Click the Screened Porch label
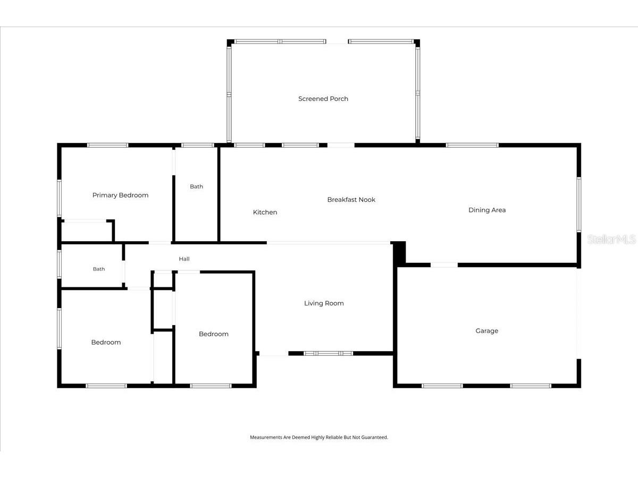[323, 99]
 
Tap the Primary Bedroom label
[120, 195]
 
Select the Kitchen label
[265, 212]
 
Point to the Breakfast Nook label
[351, 200]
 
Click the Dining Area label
[487, 210]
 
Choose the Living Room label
[324, 303]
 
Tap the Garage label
[487, 331]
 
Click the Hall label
[184, 259]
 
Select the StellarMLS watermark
[611, 239]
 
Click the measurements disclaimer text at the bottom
[319, 437]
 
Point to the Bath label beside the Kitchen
[196, 186]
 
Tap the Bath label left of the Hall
[99, 269]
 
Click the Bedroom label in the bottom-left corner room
[106, 343]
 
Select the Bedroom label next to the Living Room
[214, 334]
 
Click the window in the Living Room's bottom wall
[328, 353]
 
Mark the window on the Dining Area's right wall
[578, 204]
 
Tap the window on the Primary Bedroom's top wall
[107, 145]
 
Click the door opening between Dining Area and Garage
[444, 265]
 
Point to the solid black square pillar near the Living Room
[399, 252]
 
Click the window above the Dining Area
[472, 145]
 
